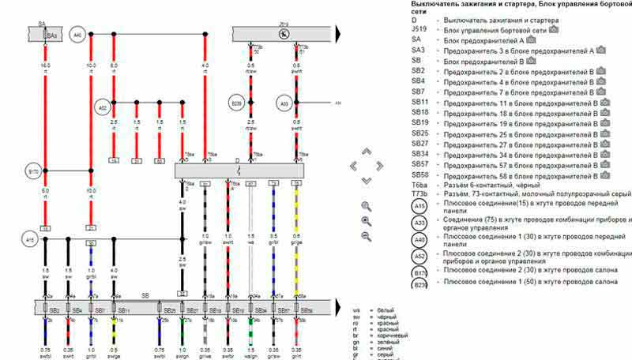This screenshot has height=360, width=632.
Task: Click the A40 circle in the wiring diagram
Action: click(x=77, y=36)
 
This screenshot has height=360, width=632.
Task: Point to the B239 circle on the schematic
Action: click(x=236, y=103)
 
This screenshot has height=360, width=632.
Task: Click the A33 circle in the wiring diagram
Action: click(x=284, y=103)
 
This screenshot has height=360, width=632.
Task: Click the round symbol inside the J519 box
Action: click(x=284, y=36)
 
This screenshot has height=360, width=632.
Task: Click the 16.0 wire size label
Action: click(x=46, y=66)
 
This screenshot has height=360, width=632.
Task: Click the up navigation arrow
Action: click(x=367, y=152)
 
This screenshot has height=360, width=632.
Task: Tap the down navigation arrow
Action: click(x=367, y=180)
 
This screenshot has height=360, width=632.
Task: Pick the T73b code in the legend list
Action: click(x=420, y=193)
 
